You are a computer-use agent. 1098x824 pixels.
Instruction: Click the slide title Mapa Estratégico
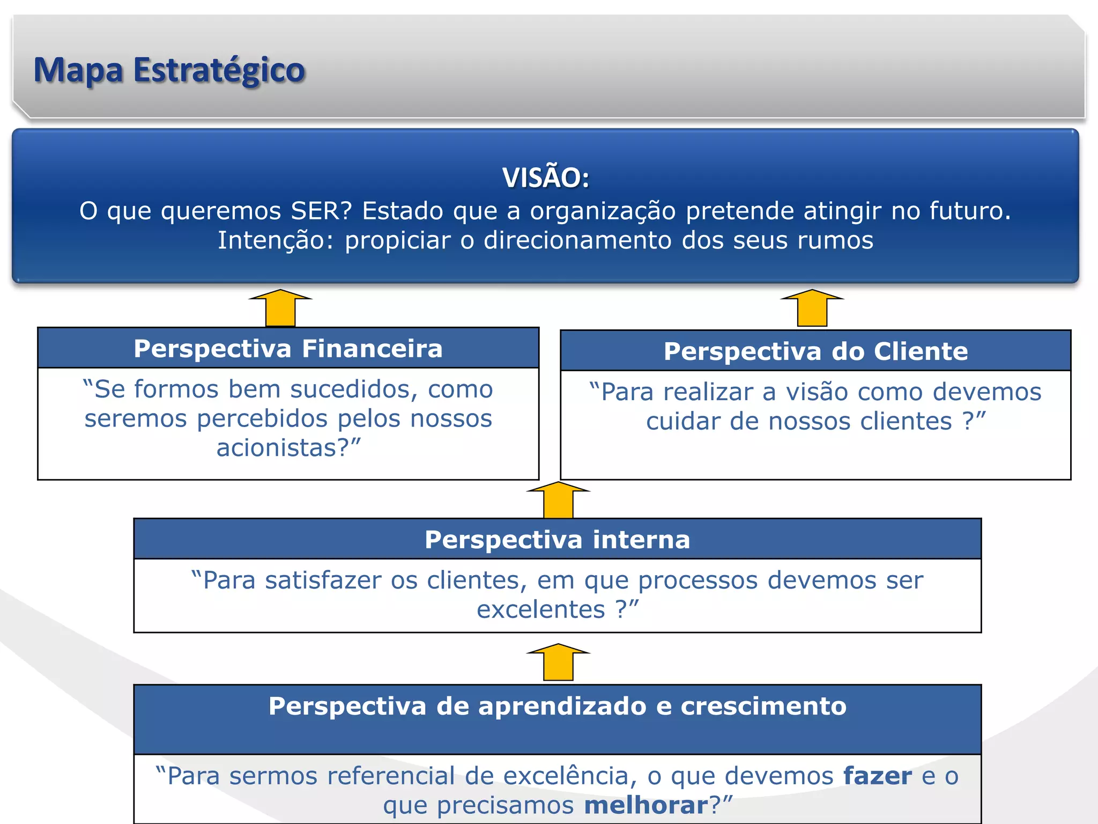click(x=169, y=70)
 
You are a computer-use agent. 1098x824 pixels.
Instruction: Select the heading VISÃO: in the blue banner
click(x=546, y=178)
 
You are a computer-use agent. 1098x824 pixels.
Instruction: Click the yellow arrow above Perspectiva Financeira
click(x=280, y=308)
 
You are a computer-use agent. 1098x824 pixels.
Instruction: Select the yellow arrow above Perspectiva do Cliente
click(x=812, y=308)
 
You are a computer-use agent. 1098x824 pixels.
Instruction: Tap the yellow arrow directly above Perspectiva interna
click(x=558, y=500)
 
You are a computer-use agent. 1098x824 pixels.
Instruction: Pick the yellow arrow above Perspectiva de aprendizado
click(x=558, y=662)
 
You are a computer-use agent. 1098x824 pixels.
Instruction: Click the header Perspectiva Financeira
click(x=288, y=349)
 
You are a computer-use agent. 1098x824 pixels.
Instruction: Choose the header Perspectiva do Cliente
click(x=815, y=351)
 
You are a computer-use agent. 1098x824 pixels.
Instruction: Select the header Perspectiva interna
click(x=557, y=540)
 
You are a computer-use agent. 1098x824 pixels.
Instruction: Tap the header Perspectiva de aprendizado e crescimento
click(x=557, y=706)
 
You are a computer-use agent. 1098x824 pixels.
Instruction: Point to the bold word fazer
click(x=877, y=776)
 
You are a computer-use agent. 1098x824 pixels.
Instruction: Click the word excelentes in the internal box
click(x=540, y=610)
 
